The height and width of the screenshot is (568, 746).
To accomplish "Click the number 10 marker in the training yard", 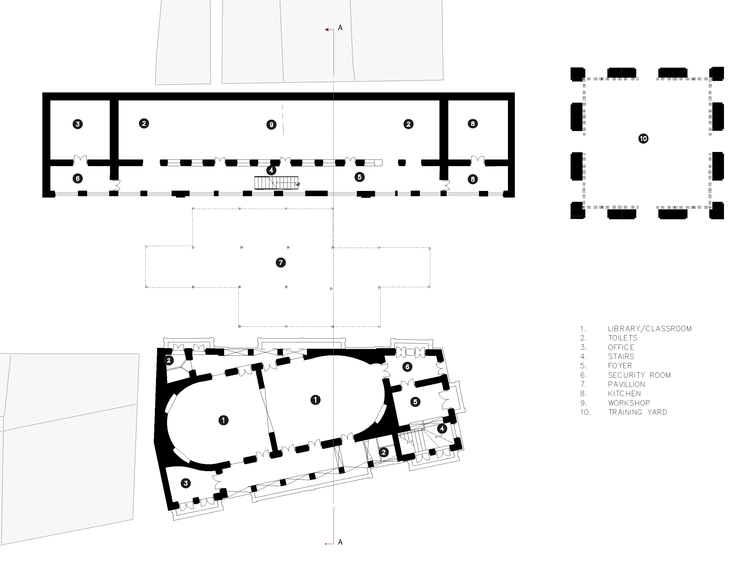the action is [643, 139].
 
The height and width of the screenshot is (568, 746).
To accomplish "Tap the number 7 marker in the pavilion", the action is [280, 263].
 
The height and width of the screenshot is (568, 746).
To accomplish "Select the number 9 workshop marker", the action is [271, 125].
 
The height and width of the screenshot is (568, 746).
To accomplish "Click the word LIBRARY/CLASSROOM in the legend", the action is [650, 329].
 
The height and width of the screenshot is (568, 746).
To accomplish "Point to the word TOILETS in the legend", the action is [623, 338].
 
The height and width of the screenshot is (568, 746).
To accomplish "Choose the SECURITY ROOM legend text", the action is [639, 375].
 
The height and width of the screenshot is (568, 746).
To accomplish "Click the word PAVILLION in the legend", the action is [626, 384].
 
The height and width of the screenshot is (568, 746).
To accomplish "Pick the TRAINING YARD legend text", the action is [637, 412].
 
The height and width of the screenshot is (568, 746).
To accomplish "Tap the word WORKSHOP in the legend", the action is [629, 403].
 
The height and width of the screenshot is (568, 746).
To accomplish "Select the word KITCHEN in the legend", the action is [624, 394].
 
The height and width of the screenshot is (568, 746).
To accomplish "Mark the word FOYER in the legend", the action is [620, 366].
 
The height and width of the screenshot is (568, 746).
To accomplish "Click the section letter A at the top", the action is [340, 28].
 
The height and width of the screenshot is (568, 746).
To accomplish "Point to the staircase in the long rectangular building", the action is [277, 183].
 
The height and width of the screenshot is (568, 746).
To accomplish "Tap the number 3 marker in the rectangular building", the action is [77, 124].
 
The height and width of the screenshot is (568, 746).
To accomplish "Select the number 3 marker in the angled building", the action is [185, 483].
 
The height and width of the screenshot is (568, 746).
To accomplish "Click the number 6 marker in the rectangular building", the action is [77, 178].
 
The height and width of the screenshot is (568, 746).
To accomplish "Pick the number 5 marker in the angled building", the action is [415, 402].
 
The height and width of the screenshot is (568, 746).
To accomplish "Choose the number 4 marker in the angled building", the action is [442, 429].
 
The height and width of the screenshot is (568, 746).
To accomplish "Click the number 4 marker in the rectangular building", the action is [271, 170].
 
